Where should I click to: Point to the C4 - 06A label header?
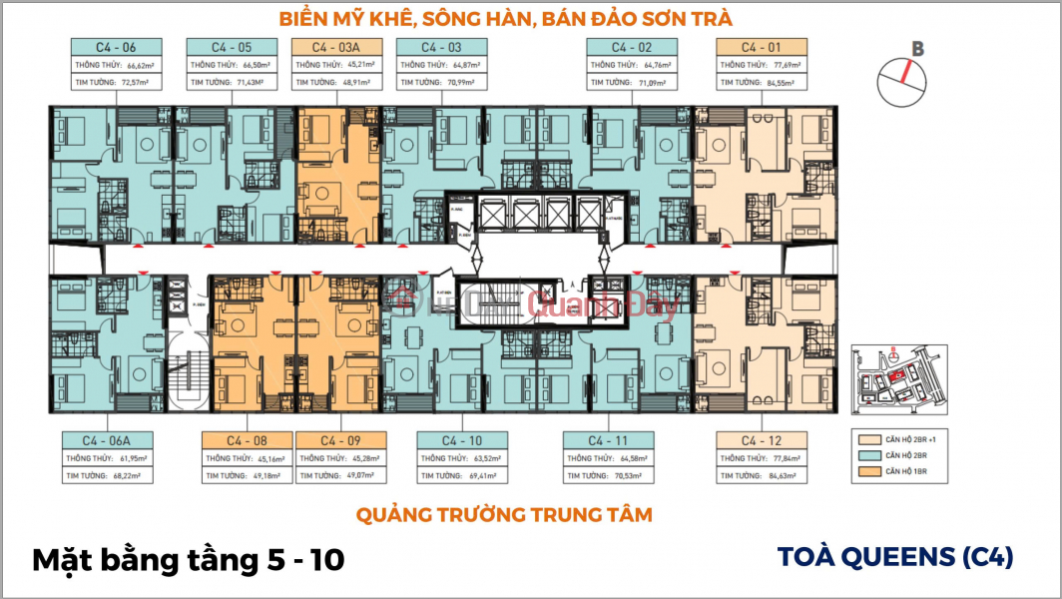click(108, 440)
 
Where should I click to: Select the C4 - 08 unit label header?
click(246, 440)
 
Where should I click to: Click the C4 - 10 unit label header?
click(460, 440)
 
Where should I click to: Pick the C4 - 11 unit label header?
click(608, 440)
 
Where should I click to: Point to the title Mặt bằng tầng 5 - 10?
click(189, 560)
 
